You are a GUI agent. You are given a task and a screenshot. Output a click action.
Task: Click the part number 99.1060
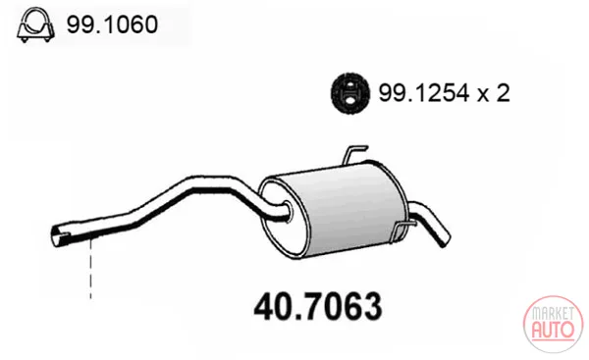click(x=112, y=25)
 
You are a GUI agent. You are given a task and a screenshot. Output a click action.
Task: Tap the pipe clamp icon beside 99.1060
click(x=35, y=25)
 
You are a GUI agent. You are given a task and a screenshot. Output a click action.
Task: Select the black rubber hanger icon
click(x=349, y=93)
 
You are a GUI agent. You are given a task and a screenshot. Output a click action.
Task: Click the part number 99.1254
click(x=424, y=93)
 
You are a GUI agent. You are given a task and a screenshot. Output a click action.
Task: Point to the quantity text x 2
click(x=494, y=93)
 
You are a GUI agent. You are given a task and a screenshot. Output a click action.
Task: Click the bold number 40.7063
click(x=318, y=307)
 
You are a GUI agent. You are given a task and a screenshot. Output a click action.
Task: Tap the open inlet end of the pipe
click(x=60, y=236)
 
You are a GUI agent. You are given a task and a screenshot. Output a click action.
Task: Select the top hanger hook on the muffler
click(x=353, y=154)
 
